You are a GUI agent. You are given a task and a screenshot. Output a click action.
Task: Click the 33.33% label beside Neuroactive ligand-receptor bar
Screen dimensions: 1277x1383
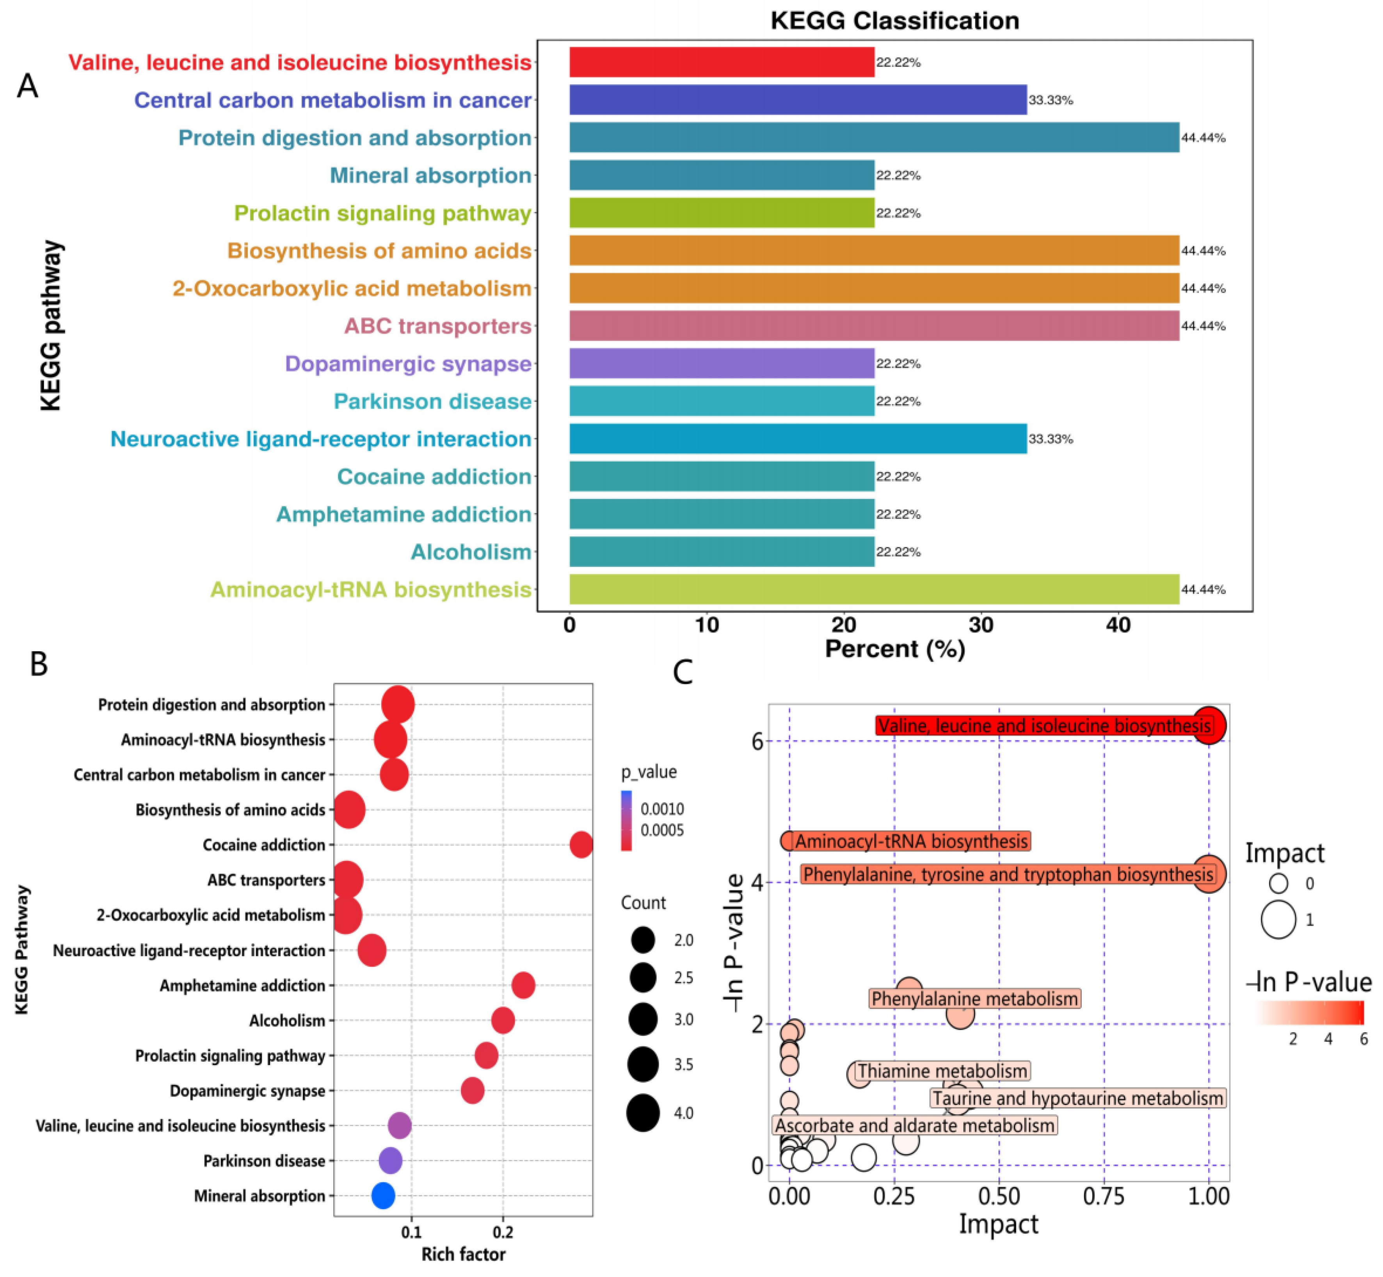[1050, 439]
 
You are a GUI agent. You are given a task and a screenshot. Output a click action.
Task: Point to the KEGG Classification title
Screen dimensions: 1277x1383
[894, 21]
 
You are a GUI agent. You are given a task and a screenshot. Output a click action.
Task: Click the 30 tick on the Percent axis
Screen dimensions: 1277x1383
[981, 625]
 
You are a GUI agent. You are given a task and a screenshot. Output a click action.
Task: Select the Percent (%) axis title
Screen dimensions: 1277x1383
[894, 649]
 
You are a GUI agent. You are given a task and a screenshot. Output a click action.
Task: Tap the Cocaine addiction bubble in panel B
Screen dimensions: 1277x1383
[581, 844]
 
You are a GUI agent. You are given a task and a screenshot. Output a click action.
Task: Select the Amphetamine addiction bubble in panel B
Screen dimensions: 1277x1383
[523, 985]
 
